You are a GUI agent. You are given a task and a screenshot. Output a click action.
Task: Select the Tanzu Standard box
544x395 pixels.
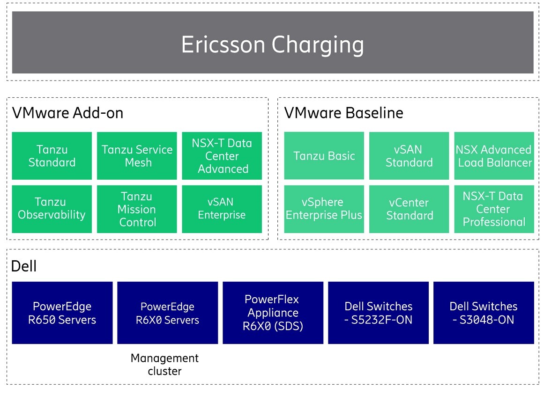(52, 156)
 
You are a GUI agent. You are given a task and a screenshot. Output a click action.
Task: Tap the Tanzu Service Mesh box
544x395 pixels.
(137, 156)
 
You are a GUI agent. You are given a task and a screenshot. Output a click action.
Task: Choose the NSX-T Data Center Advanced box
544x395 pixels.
(222, 156)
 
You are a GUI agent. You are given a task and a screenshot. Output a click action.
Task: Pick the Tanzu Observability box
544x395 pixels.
(52, 209)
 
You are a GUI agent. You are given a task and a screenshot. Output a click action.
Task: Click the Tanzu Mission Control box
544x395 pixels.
(137, 209)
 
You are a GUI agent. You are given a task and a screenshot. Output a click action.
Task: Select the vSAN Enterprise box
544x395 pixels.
(222, 209)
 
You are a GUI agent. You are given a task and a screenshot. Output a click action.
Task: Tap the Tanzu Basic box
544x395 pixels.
(324, 156)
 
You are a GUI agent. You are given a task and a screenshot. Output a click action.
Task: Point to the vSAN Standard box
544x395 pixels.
(409, 156)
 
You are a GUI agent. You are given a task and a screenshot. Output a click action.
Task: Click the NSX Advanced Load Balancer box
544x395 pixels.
(494, 156)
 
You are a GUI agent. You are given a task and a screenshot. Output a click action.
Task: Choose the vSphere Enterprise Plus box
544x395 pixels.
(324, 209)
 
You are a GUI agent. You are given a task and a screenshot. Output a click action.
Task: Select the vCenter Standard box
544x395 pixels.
(409, 209)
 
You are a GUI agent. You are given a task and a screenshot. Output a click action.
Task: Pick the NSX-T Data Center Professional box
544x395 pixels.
(494, 209)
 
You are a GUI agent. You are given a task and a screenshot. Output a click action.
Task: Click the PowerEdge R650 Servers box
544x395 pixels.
(62, 313)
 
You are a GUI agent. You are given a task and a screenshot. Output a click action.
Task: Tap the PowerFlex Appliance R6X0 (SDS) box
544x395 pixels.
(273, 313)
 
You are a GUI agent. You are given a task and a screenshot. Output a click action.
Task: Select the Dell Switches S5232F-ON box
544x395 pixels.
(378, 313)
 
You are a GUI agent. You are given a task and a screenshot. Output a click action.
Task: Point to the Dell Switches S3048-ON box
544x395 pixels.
(484, 313)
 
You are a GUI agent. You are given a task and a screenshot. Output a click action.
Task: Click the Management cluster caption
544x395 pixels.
(164, 365)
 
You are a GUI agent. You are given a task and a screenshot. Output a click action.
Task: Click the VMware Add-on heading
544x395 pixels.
(67, 113)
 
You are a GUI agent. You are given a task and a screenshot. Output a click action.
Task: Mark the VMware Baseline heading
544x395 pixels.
(344, 113)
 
